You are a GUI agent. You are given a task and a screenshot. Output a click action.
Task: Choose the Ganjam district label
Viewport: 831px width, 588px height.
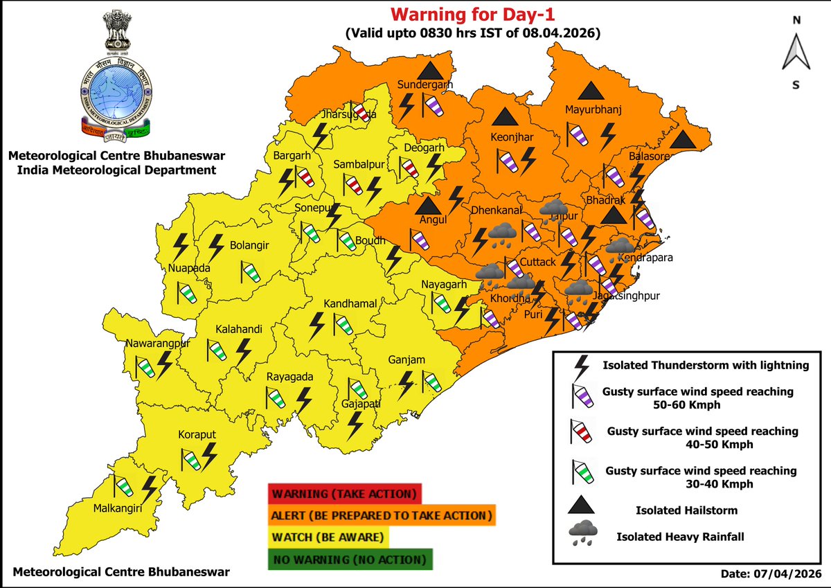click(x=407, y=359)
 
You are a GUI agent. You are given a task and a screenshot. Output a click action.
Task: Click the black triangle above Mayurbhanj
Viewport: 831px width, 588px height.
click(x=591, y=90)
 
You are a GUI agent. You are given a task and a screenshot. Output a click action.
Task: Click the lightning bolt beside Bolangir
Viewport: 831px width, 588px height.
click(x=216, y=246)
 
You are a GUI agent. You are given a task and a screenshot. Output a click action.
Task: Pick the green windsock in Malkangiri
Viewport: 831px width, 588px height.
click(x=125, y=488)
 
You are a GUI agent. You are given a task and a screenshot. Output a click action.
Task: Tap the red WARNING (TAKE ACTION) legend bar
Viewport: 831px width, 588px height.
click(x=344, y=495)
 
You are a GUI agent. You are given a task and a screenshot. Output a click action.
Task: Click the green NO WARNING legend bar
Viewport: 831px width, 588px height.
click(x=350, y=559)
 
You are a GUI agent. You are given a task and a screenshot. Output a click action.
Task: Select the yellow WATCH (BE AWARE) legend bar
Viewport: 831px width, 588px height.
click(x=329, y=537)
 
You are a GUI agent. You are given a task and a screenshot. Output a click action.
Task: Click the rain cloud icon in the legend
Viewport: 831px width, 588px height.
click(x=583, y=533)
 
